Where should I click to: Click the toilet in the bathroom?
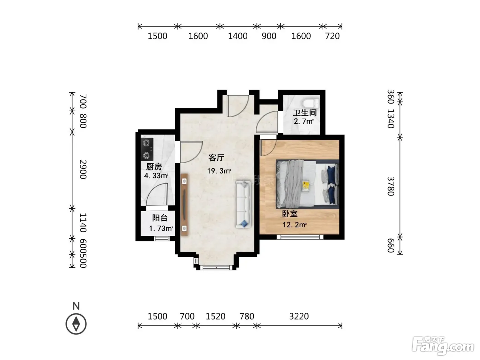pyautogui.click(x=311, y=103)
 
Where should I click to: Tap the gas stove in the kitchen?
pyautogui.click(x=147, y=149)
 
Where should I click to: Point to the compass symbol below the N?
pyautogui.click(x=76, y=324)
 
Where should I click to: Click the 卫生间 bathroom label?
pyautogui.click(x=305, y=113)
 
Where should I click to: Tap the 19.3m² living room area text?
pyautogui.click(x=219, y=171)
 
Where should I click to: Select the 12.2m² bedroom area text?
pyautogui.click(x=295, y=225)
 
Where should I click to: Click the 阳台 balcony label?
pyautogui.click(x=160, y=218)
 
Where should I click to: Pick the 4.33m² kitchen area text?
pyautogui.click(x=156, y=176)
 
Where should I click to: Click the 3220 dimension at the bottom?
pyautogui.click(x=299, y=316)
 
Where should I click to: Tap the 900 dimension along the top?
pyautogui.click(x=269, y=36)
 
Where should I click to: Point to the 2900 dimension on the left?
pyautogui.click(x=83, y=169)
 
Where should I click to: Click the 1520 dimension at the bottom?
pyautogui.click(x=215, y=316)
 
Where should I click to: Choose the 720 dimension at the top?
pyautogui.click(x=332, y=36)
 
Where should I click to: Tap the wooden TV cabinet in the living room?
pyautogui.click(x=184, y=205)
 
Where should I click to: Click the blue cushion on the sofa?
pyautogui.click(x=244, y=224)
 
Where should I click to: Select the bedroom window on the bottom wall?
pyautogui.click(x=300, y=237)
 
